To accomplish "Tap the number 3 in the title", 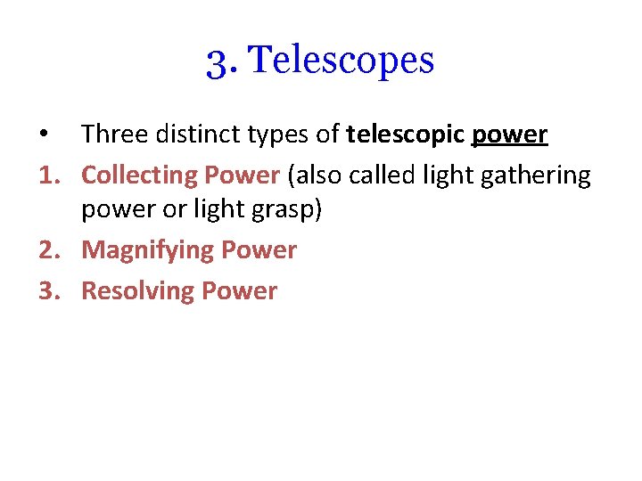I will (217, 61).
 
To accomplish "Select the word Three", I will (112, 135).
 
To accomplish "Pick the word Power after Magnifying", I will (259, 251).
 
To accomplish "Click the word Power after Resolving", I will (240, 290).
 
